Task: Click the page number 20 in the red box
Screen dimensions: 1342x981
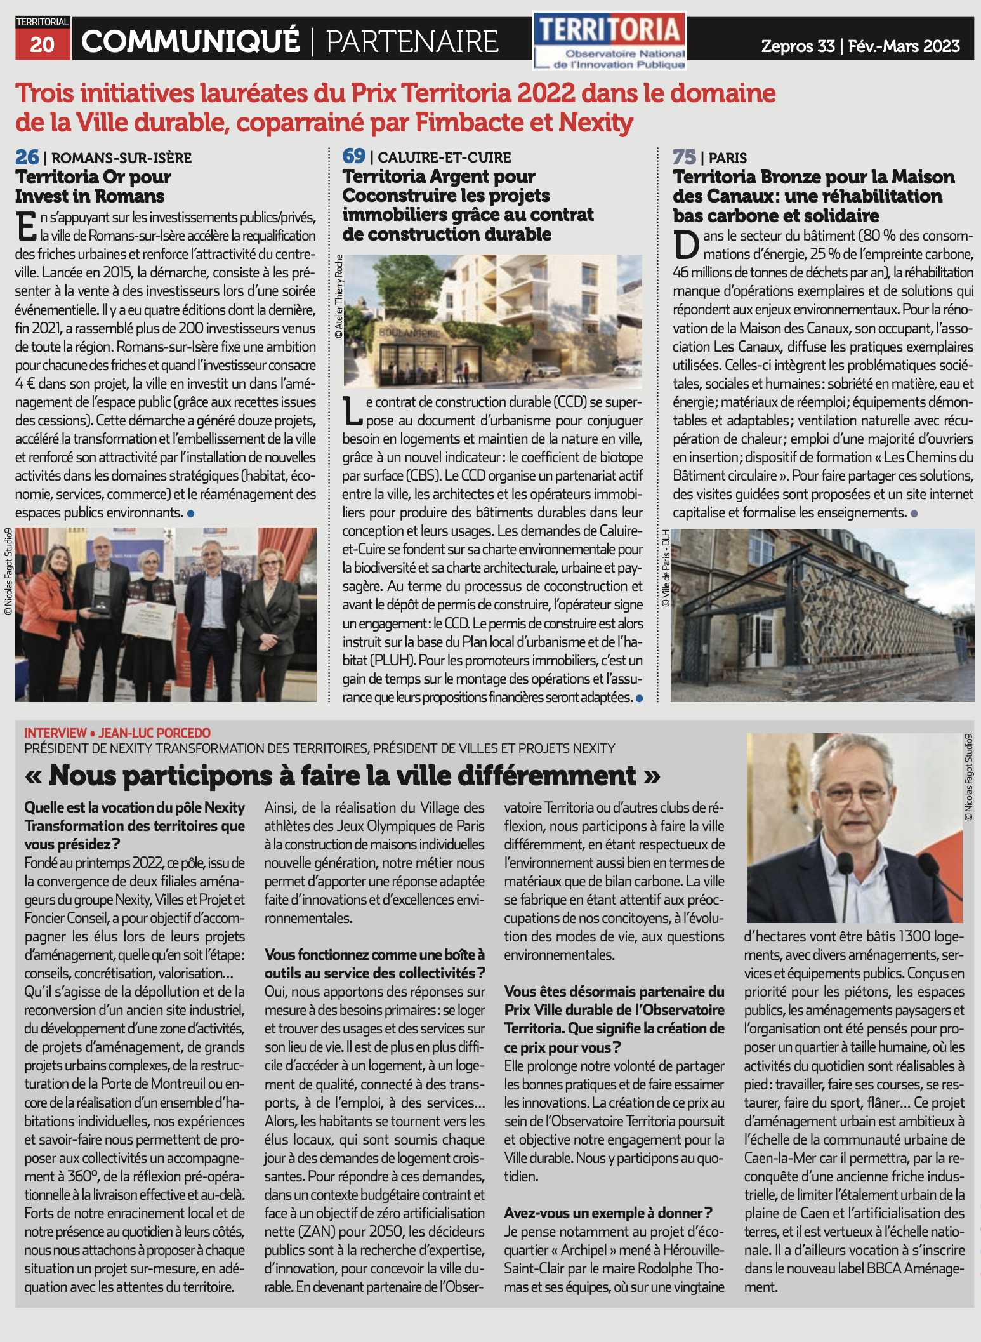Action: (x=42, y=44)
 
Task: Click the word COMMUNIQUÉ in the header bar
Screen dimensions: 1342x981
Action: (x=190, y=42)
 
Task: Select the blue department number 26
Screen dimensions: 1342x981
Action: (x=27, y=157)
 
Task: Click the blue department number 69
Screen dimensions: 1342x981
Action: (x=354, y=156)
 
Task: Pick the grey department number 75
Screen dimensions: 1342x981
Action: (x=684, y=157)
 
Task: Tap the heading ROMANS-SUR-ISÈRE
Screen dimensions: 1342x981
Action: (x=121, y=158)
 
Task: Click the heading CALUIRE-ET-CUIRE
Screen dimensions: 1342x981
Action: (x=444, y=157)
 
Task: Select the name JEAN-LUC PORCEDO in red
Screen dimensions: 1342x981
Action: (x=154, y=733)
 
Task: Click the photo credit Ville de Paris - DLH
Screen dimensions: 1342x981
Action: (x=666, y=568)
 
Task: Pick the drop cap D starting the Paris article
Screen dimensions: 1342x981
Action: (x=686, y=245)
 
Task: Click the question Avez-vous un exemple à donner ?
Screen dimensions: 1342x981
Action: (x=608, y=1213)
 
